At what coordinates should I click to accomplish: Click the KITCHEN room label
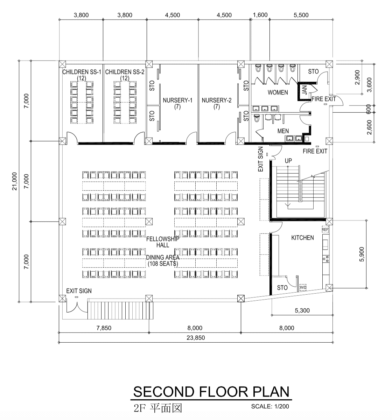click(x=302, y=238)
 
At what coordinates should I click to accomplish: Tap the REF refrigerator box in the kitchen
click(x=325, y=230)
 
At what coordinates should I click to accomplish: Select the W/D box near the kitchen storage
click(x=303, y=287)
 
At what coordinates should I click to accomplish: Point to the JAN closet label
click(x=304, y=90)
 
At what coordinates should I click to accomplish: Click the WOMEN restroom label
click(x=278, y=92)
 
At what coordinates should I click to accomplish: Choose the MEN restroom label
click(x=283, y=131)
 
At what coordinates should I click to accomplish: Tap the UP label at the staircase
click(x=288, y=161)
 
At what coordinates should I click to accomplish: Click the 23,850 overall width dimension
click(x=196, y=338)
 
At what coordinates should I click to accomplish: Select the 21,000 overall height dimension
click(x=14, y=181)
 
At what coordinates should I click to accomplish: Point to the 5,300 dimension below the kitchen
click(x=302, y=310)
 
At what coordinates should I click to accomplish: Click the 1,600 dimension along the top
click(x=260, y=15)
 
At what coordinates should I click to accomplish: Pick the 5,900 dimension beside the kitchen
click(x=362, y=254)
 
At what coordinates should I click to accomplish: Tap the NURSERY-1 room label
click(x=177, y=100)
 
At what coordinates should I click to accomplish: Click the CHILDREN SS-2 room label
click(x=125, y=72)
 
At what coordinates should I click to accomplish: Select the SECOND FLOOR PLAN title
click(x=211, y=392)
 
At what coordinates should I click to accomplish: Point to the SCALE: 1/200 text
click(x=270, y=406)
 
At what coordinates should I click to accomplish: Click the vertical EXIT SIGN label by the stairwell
click(x=261, y=159)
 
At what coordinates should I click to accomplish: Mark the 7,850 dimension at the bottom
click(x=104, y=328)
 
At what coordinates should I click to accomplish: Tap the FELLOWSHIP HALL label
click(x=163, y=242)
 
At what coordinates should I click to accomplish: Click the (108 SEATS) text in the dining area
click(x=163, y=264)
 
